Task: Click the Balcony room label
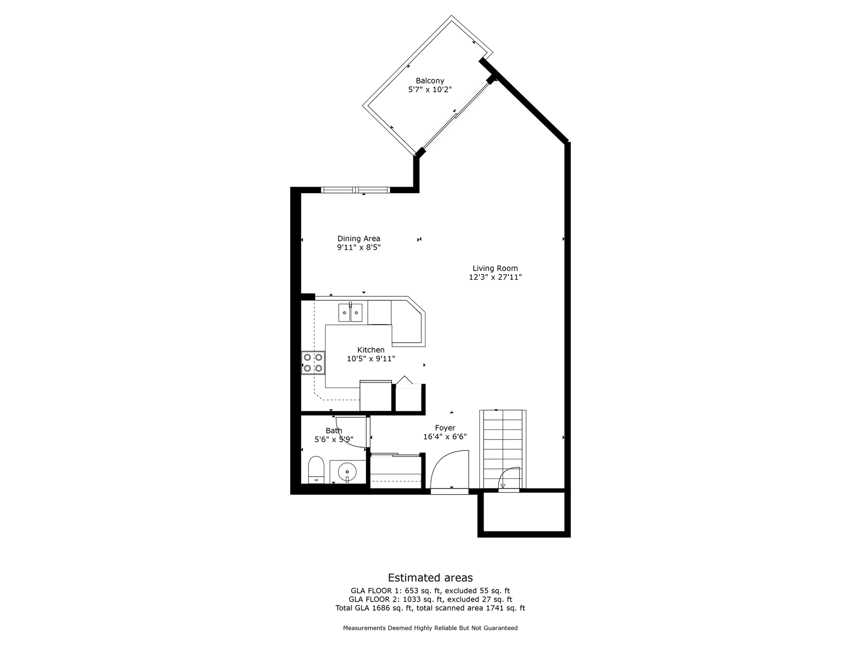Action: (429, 81)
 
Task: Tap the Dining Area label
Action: (359, 239)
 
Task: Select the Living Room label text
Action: (495, 268)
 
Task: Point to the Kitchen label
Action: (371, 350)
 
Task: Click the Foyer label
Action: (445, 428)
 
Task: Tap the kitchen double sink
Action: (350, 312)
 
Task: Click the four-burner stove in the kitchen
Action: (313, 362)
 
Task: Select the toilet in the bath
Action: (316, 470)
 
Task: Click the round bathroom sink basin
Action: (347, 472)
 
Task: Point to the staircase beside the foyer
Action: (503, 449)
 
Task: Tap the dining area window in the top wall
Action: (356, 190)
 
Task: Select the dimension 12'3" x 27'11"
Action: (495, 277)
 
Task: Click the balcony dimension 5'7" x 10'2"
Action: (429, 89)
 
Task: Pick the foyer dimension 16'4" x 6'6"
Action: (445, 437)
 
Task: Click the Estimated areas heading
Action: (430, 578)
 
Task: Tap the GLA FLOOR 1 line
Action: (430, 590)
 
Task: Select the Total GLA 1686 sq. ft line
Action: (430, 608)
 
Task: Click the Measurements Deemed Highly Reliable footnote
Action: (430, 628)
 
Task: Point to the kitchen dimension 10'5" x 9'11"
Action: (371, 359)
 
